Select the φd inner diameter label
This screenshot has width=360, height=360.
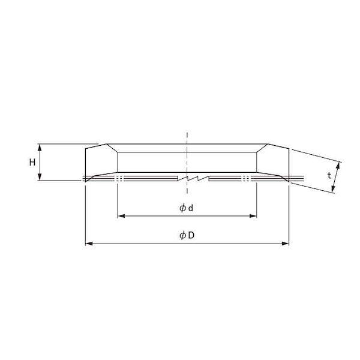(186, 208)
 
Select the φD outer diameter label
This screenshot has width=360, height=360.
(187, 235)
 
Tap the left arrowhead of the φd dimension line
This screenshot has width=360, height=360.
(119, 215)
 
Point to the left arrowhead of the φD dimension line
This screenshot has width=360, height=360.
(88, 243)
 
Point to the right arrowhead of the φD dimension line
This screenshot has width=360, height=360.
(287, 243)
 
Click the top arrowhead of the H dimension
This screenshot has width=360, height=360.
(40, 146)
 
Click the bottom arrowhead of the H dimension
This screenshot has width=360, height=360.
(40, 178)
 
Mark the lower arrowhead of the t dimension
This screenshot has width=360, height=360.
(334, 191)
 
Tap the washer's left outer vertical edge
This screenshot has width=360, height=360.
(85, 162)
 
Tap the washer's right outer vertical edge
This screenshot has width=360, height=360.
(289, 162)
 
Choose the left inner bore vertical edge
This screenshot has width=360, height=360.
(117, 162)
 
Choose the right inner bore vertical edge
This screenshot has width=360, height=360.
(257, 162)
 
